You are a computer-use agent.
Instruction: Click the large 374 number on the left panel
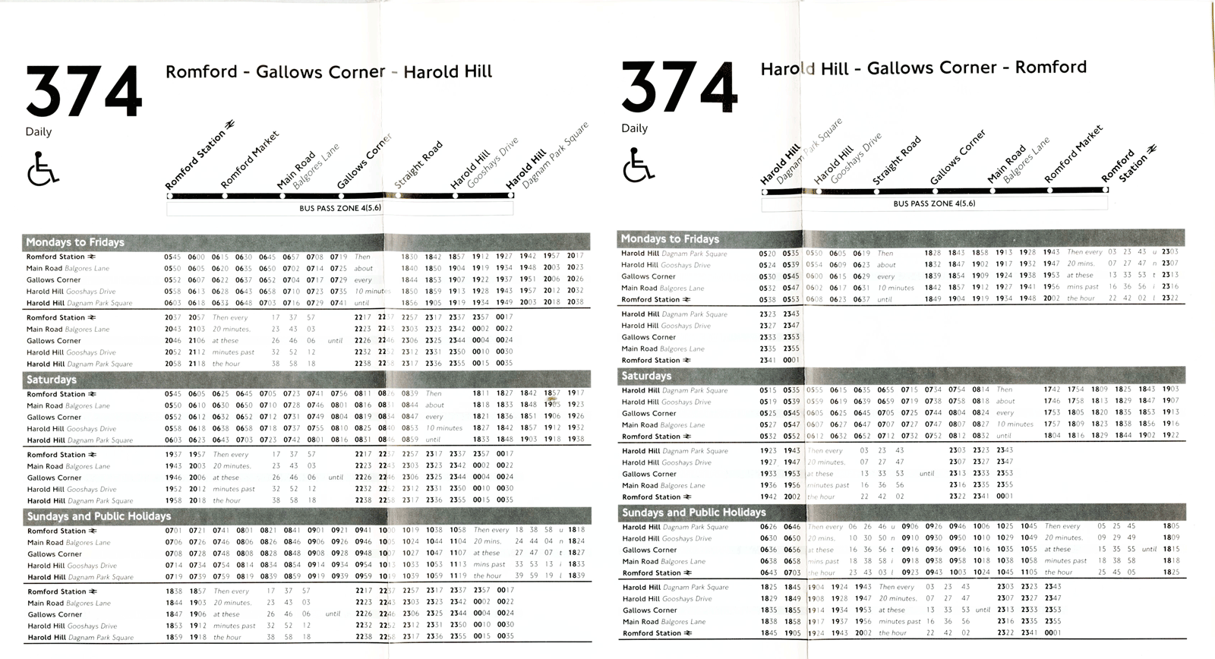pyautogui.click(x=84, y=92)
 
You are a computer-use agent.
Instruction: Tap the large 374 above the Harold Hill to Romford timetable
pyautogui.click(x=679, y=88)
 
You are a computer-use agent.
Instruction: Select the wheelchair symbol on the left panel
pyautogui.click(x=43, y=168)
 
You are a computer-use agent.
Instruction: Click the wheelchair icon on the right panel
pyautogui.click(x=638, y=165)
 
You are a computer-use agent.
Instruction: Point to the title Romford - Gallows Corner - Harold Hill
pyautogui.click(x=329, y=72)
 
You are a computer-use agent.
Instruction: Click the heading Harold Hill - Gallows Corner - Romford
pyautogui.click(x=923, y=68)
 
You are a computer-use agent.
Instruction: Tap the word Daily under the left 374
pyautogui.click(x=39, y=131)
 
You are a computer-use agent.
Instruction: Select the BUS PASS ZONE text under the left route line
pyautogui.click(x=340, y=207)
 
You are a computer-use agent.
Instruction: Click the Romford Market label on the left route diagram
pyautogui.click(x=250, y=160)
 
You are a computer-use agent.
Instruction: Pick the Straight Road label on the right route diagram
pyautogui.click(x=897, y=160)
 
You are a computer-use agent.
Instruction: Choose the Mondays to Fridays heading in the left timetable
pyautogui.click(x=75, y=242)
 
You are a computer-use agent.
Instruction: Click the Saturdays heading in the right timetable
pyautogui.click(x=646, y=376)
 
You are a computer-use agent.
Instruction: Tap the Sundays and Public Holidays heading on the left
pyautogui.click(x=99, y=516)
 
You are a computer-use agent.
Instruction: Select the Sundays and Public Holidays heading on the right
pyautogui.click(x=694, y=512)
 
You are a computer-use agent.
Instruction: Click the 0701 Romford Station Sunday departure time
pyautogui.click(x=173, y=531)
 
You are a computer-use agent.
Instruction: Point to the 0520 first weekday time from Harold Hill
pyautogui.click(x=768, y=254)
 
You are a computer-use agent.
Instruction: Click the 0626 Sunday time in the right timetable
pyautogui.click(x=768, y=527)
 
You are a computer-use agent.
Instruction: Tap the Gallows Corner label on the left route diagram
pyautogui.click(x=364, y=162)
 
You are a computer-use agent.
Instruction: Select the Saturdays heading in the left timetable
pyautogui.click(x=52, y=380)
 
